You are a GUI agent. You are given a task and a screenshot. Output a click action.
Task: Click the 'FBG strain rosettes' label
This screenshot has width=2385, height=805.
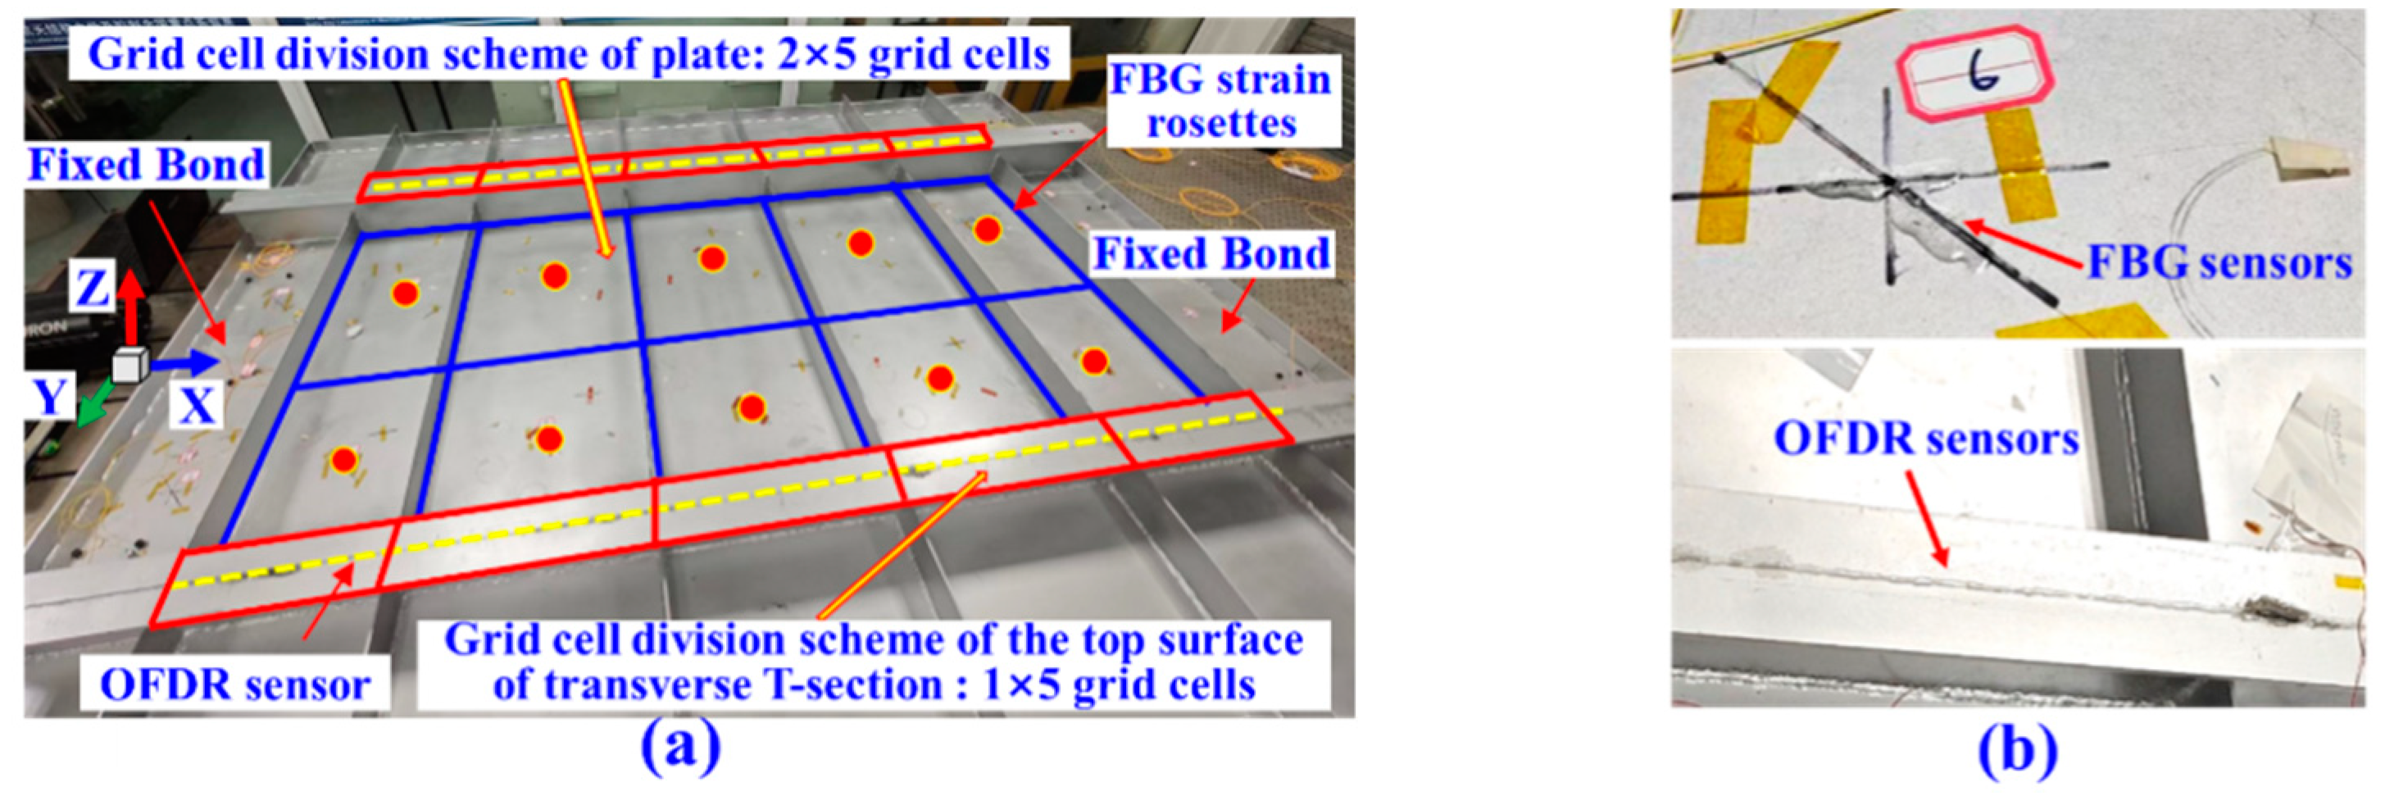pyautogui.click(x=1221, y=101)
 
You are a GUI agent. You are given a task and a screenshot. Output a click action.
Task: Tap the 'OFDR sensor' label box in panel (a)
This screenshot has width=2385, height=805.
pyautogui.click(x=234, y=684)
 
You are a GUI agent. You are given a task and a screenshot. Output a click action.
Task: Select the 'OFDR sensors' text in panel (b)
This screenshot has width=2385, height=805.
pyautogui.click(x=1926, y=439)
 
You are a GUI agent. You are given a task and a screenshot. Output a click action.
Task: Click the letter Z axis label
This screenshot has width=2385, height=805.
pyautogui.click(x=92, y=288)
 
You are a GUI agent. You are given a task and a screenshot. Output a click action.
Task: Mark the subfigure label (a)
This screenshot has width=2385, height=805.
pyautogui.click(x=680, y=749)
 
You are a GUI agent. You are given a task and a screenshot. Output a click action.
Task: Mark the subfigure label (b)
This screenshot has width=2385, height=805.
pyautogui.click(x=2018, y=749)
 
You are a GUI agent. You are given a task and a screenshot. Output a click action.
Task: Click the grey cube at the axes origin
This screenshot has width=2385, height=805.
pyautogui.click(x=129, y=366)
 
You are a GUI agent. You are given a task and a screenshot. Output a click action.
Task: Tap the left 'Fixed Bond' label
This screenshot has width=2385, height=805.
pyautogui.click(x=146, y=165)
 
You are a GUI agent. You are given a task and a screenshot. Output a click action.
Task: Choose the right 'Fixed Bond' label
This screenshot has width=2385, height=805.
pyautogui.click(x=1212, y=254)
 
